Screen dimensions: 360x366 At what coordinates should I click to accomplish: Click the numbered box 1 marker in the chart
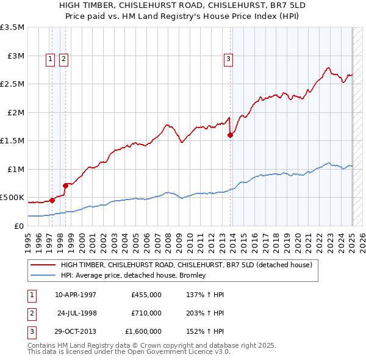(50, 59)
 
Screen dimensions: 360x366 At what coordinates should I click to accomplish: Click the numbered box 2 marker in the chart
(63, 59)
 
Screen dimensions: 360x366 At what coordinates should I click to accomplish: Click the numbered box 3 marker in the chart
(228, 59)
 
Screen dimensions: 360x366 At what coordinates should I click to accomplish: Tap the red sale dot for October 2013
(231, 135)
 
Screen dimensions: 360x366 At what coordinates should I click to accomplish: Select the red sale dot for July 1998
(65, 185)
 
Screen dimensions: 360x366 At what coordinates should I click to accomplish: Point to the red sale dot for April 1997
(52, 200)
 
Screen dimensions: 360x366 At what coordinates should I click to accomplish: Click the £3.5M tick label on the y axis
(12, 27)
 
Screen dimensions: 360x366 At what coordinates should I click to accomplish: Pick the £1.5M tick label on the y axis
(12, 141)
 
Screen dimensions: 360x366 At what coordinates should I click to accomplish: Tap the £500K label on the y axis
(12, 198)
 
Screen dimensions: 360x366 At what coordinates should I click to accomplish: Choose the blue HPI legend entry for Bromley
(133, 276)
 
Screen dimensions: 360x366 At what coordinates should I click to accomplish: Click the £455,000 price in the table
(146, 295)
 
